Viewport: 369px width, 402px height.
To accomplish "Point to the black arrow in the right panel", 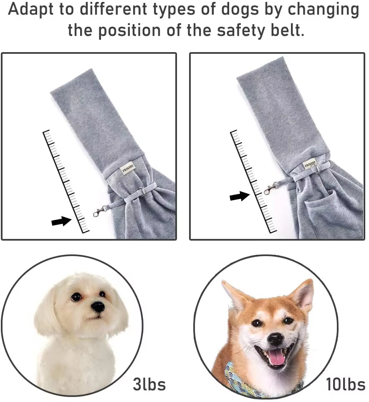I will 240,196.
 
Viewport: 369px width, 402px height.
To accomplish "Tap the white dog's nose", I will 98,307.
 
